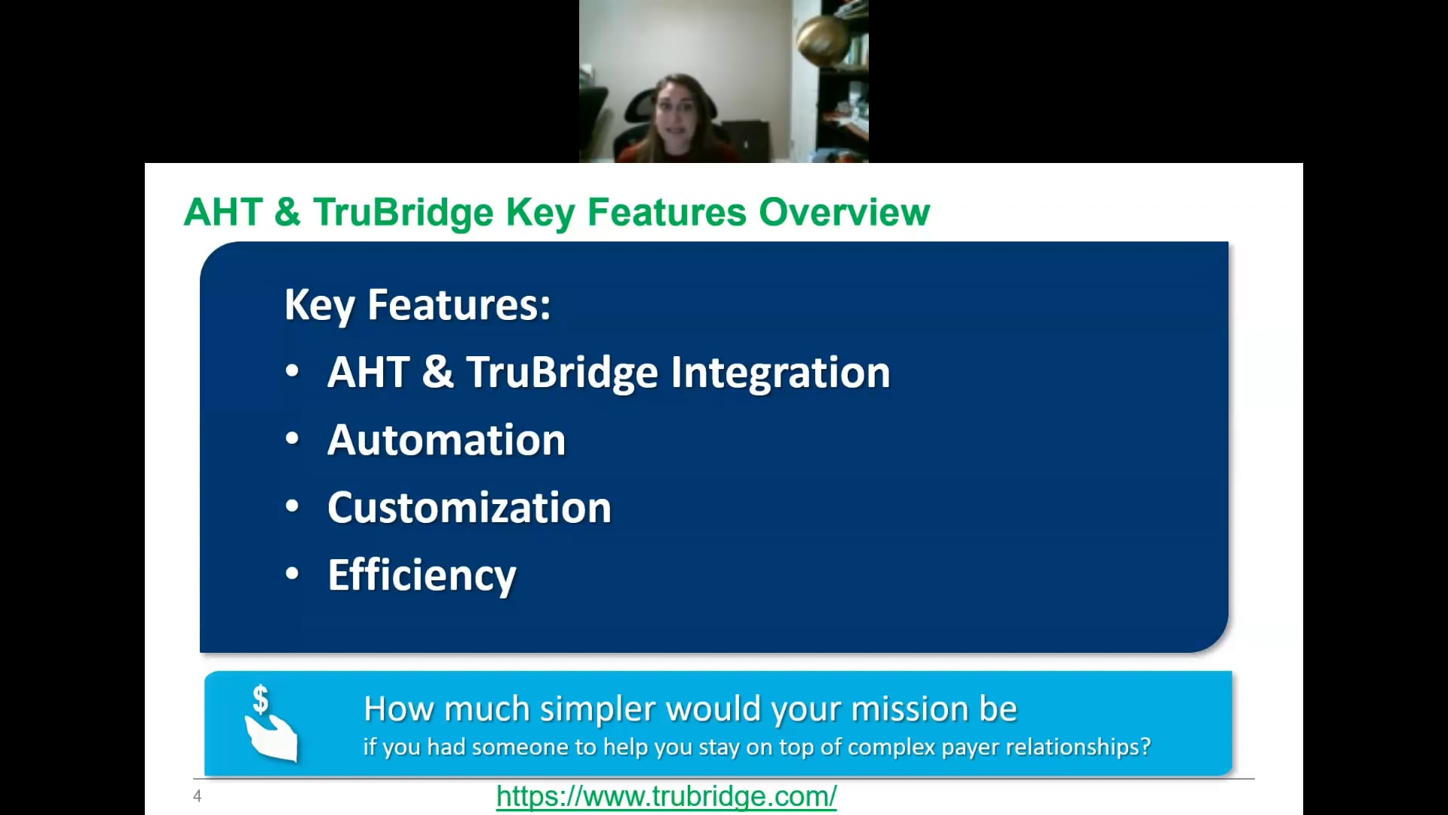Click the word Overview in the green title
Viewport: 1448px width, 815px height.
point(844,212)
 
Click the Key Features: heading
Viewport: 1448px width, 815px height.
point(417,305)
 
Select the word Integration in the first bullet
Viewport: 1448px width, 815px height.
point(780,373)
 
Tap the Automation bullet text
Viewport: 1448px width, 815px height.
point(446,440)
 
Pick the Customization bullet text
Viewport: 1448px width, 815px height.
point(469,507)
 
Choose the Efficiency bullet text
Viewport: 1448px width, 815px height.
point(422,575)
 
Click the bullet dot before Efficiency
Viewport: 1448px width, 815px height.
point(293,574)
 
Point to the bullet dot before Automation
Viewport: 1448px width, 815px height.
point(293,439)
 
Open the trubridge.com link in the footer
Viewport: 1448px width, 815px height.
point(666,796)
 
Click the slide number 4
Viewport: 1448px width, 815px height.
point(198,796)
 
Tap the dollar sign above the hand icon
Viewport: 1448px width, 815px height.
point(260,699)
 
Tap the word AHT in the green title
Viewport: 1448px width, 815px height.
point(223,212)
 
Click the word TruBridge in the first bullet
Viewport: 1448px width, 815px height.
point(562,373)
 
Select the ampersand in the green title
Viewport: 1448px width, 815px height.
point(287,212)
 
